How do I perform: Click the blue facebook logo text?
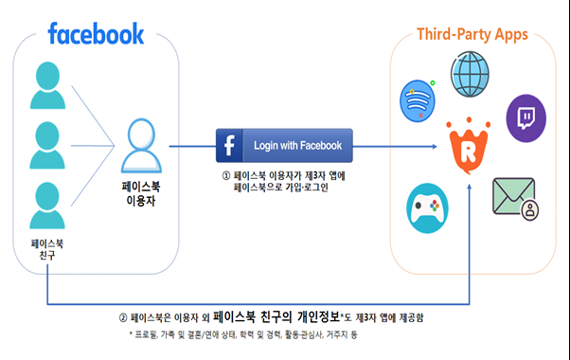click(x=96, y=33)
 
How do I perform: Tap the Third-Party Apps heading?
click(x=472, y=35)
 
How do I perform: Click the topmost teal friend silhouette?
click(x=47, y=85)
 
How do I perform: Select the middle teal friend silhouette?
click(x=47, y=145)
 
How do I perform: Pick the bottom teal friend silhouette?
click(x=47, y=206)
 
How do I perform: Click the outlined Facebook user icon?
click(x=141, y=146)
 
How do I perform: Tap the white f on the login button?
click(x=229, y=146)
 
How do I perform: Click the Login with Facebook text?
click(x=297, y=146)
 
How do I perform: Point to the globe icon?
click(x=470, y=74)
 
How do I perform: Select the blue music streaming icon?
click(x=418, y=100)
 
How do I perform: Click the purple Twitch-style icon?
click(x=526, y=118)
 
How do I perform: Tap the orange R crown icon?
click(x=469, y=146)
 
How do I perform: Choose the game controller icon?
click(x=427, y=208)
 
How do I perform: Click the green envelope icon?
click(x=513, y=196)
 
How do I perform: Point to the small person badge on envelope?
click(x=530, y=209)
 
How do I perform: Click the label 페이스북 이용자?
click(x=141, y=193)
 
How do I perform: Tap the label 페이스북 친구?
click(x=47, y=249)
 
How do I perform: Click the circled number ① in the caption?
click(x=226, y=176)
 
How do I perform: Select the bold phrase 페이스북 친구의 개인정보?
click(x=276, y=316)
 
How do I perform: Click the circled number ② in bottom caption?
click(x=123, y=318)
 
